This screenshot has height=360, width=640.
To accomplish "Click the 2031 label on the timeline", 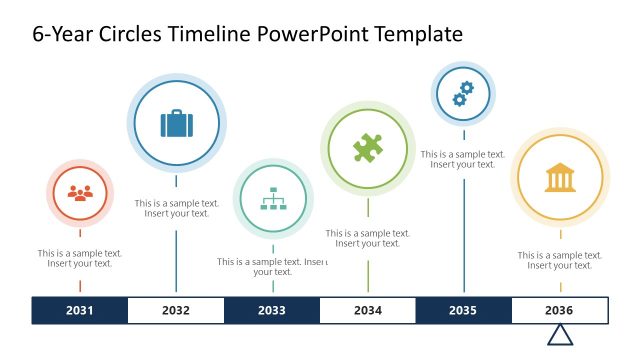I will pyautogui.click(x=80, y=310).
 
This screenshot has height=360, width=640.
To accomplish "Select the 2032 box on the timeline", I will pyautogui.click(x=176, y=310).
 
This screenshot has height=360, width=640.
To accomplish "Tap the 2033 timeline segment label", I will pyautogui.click(x=272, y=310).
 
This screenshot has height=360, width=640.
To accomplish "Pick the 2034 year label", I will pyautogui.click(x=368, y=310).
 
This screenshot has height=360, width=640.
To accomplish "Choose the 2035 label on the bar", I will pyautogui.click(x=463, y=310).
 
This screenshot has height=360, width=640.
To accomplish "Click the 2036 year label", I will pyautogui.click(x=559, y=310).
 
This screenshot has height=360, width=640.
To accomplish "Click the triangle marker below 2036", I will pyautogui.click(x=560, y=335).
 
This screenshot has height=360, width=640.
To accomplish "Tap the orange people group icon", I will pyautogui.click(x=79, y=193).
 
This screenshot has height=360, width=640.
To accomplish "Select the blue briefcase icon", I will pyautogui.click(x=176, y=123).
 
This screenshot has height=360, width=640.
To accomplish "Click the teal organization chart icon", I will pyautogui.click(x=272, y=200).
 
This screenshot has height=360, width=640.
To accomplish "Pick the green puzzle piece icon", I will pyautogui.click(x=367, y=149).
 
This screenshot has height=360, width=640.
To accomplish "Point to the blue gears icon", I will pyautogui.click(x=463, y=94).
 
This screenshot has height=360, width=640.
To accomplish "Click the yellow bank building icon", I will pyautogui.click(x=559, y=178).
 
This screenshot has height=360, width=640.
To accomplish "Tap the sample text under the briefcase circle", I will pyautogui.click(x=177, y=208).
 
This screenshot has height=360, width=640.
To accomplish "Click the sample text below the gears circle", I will pyautogui.click(x=463, y=159).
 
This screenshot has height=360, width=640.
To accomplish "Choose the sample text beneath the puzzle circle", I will pyautogui.click(x=368, y=238).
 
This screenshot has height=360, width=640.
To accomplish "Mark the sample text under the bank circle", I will pyautogui.click(x=560, y=260).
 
